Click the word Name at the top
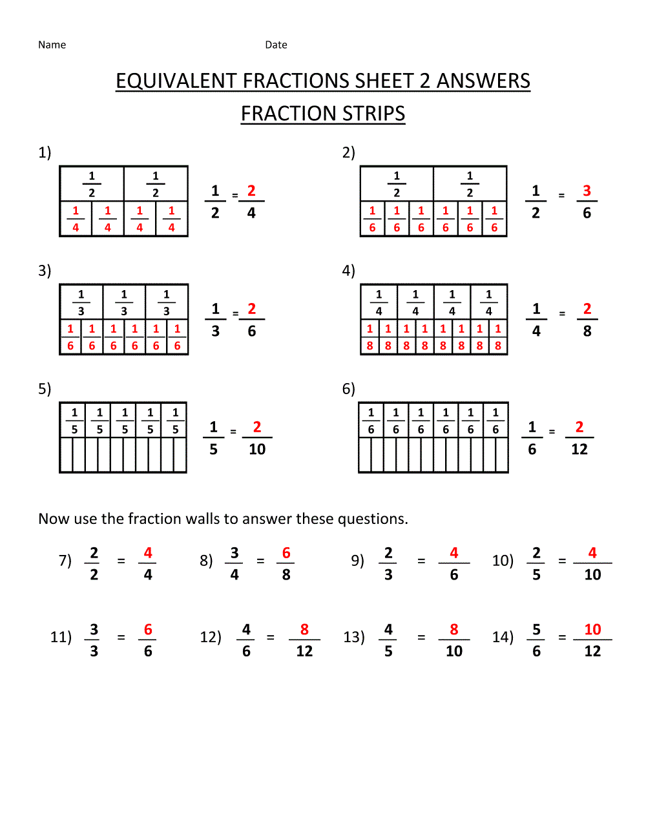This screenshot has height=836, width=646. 52,45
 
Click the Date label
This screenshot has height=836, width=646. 276,45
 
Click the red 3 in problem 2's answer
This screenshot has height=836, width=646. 587,191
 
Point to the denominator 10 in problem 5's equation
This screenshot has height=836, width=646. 257,450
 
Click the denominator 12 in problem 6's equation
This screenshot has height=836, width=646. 579,450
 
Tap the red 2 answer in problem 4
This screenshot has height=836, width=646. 587,309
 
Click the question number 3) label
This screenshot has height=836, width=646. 45,271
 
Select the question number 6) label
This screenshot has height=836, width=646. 348,389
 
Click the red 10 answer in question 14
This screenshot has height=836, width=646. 592,630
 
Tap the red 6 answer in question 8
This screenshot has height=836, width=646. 286,553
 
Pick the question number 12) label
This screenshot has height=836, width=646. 211,637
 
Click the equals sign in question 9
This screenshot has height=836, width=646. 421,561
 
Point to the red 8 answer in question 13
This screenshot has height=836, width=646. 454,630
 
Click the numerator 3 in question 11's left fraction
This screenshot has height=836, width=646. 94,630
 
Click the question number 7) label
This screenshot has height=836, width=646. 65,561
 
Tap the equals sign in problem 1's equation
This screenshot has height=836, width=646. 235,196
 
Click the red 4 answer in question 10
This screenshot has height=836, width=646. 592,553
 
